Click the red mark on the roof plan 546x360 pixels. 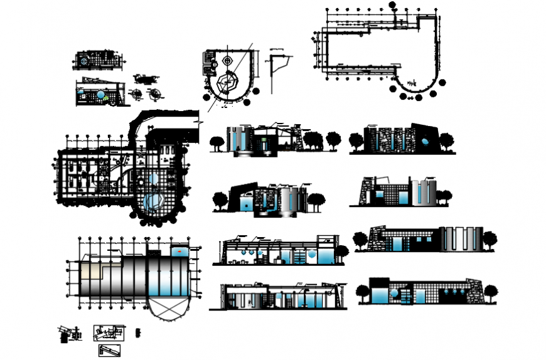click(x=181, y=251)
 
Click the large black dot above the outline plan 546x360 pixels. click(x=392, y=5)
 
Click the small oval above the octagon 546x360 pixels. click(x=227, y=61)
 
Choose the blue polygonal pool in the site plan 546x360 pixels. click(x=152, y=202)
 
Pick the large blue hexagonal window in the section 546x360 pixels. click(x=312, y=257)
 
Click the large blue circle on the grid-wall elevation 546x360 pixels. click(x=393, y=294)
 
